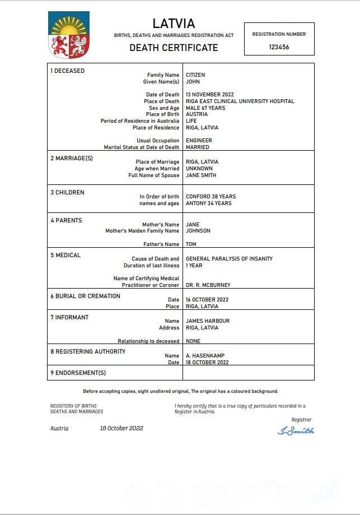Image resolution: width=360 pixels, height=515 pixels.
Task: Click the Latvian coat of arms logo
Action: [x=69, y=35]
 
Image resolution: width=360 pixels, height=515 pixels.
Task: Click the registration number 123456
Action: [x=279, y=48]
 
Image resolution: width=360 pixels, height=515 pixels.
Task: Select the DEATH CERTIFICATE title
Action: [x=174, y=48]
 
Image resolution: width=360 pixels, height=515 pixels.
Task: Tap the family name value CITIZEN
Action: [x=195, y=75]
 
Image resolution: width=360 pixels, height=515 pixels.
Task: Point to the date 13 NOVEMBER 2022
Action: [x=210, y=95]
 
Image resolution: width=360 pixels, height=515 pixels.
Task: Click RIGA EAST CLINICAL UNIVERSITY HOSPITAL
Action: [x=240, y=101]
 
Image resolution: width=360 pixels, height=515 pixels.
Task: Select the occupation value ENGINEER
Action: [x=199, y=141]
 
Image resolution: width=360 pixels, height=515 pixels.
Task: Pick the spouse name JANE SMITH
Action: [x=201, y=175]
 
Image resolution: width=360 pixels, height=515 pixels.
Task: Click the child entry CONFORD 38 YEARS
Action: [x=211, y=197]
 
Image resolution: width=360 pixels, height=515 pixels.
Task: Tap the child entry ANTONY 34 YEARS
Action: [x=208, y=203]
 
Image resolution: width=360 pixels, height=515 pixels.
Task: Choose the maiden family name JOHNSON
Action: [x=198, y=231]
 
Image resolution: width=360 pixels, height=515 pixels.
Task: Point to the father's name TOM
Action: [x=191, y=244]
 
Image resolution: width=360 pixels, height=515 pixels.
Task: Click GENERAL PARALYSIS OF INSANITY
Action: [x=229, y=259]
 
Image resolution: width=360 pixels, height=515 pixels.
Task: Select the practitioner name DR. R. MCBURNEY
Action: [x=208, y=285]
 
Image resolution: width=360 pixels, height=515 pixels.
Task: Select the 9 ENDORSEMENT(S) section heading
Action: [x=78, y=373]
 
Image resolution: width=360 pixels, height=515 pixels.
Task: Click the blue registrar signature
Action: [x=296, y=431]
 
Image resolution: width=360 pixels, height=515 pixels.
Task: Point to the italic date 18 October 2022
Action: [x=121, y=428]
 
